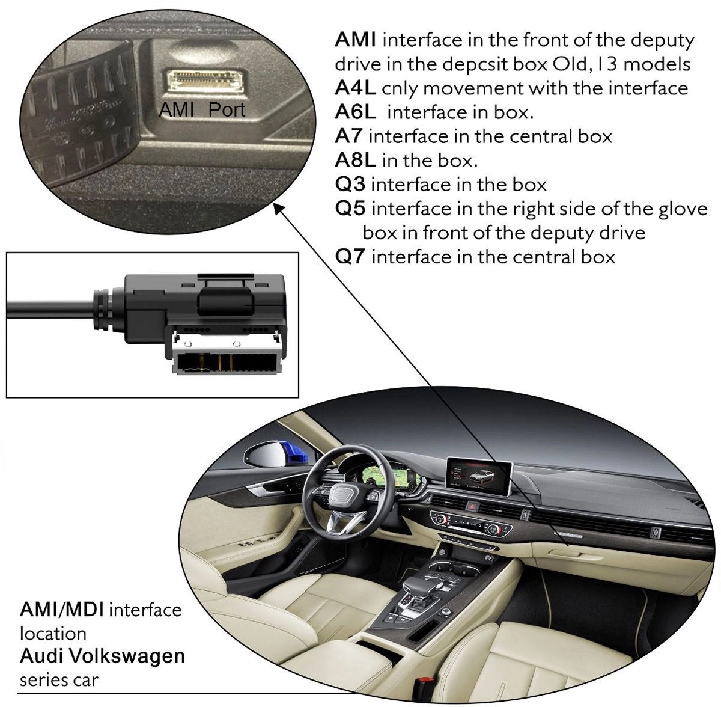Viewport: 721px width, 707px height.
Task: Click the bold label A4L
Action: [355, 88]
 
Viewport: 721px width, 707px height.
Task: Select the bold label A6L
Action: [355, 112]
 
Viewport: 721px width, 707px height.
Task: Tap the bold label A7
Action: [348, 136]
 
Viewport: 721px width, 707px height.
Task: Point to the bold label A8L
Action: [355, 160]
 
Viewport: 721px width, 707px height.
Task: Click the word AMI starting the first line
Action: [356, 40]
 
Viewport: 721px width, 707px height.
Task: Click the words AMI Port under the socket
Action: [202, 110]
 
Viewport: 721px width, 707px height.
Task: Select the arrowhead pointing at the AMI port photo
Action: [277, 207]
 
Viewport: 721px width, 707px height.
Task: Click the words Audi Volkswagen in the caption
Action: [102, 655]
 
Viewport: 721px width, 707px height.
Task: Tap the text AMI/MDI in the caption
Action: [62, 610]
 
